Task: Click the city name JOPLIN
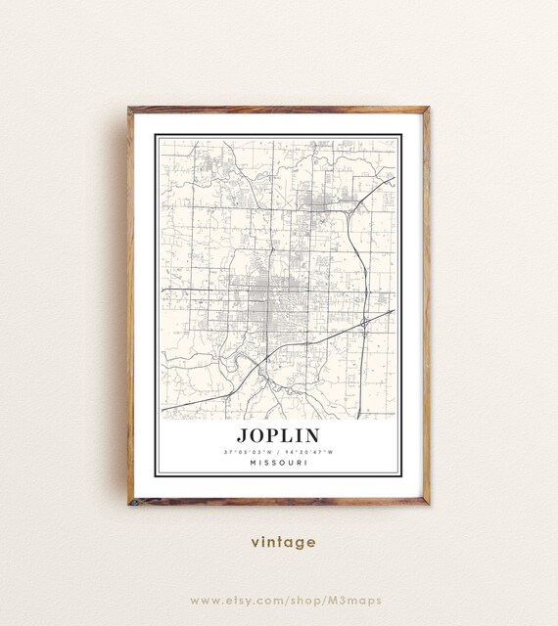278,433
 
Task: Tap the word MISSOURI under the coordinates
278,463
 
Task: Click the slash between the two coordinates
279,451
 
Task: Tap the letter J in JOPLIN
241,433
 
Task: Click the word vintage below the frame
279,541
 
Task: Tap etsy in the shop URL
240,599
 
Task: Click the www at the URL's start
203,599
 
